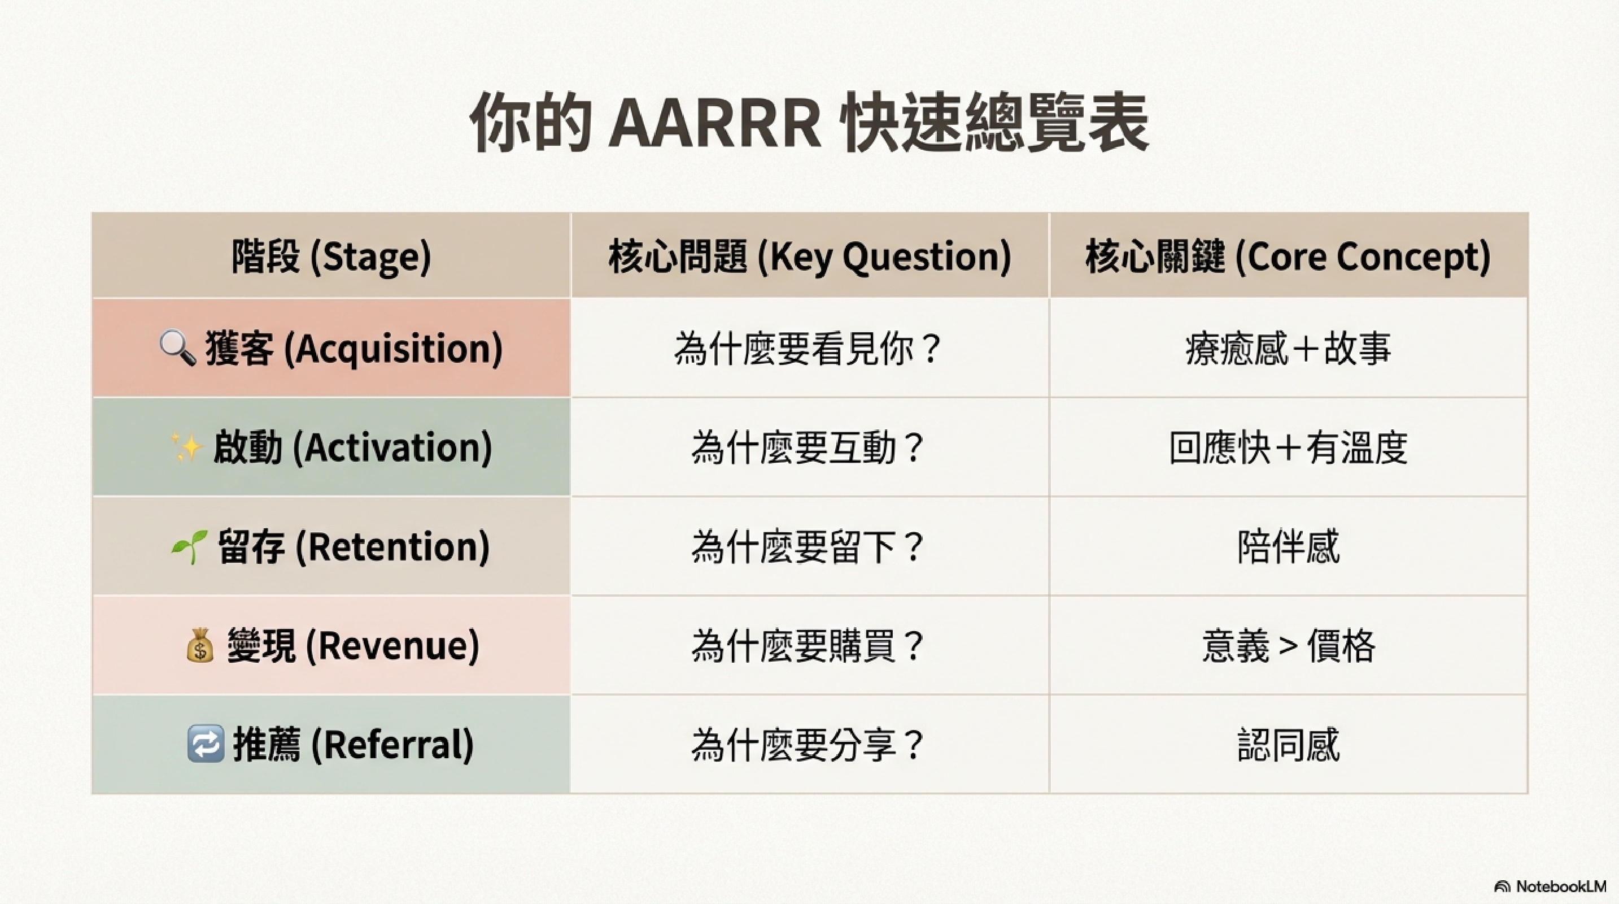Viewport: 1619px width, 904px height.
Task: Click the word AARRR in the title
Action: pos(715,123)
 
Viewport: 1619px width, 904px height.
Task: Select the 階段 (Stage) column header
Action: pos(331,256)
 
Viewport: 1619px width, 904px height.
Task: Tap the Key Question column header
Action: pos(810,256)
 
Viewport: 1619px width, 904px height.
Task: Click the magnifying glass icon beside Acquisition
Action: pos(177,347)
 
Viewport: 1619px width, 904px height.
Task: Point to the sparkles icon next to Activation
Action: pos(187,447)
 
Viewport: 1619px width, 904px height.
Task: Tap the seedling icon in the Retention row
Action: pos(189,546)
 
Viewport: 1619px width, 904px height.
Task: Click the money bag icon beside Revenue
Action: pos(200,646)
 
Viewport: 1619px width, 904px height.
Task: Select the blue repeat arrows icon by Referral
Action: pos(206,744)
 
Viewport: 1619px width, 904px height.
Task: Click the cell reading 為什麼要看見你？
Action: pos(810,348)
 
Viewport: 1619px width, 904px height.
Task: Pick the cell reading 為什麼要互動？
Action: pos(810,447)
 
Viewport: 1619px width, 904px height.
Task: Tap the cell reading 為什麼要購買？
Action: pos(810,646)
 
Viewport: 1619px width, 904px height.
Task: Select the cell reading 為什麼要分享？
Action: pos(810,744)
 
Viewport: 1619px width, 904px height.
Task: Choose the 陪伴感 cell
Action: pos(1289,546)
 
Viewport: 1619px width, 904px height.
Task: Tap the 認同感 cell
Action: pos(1289,744)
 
